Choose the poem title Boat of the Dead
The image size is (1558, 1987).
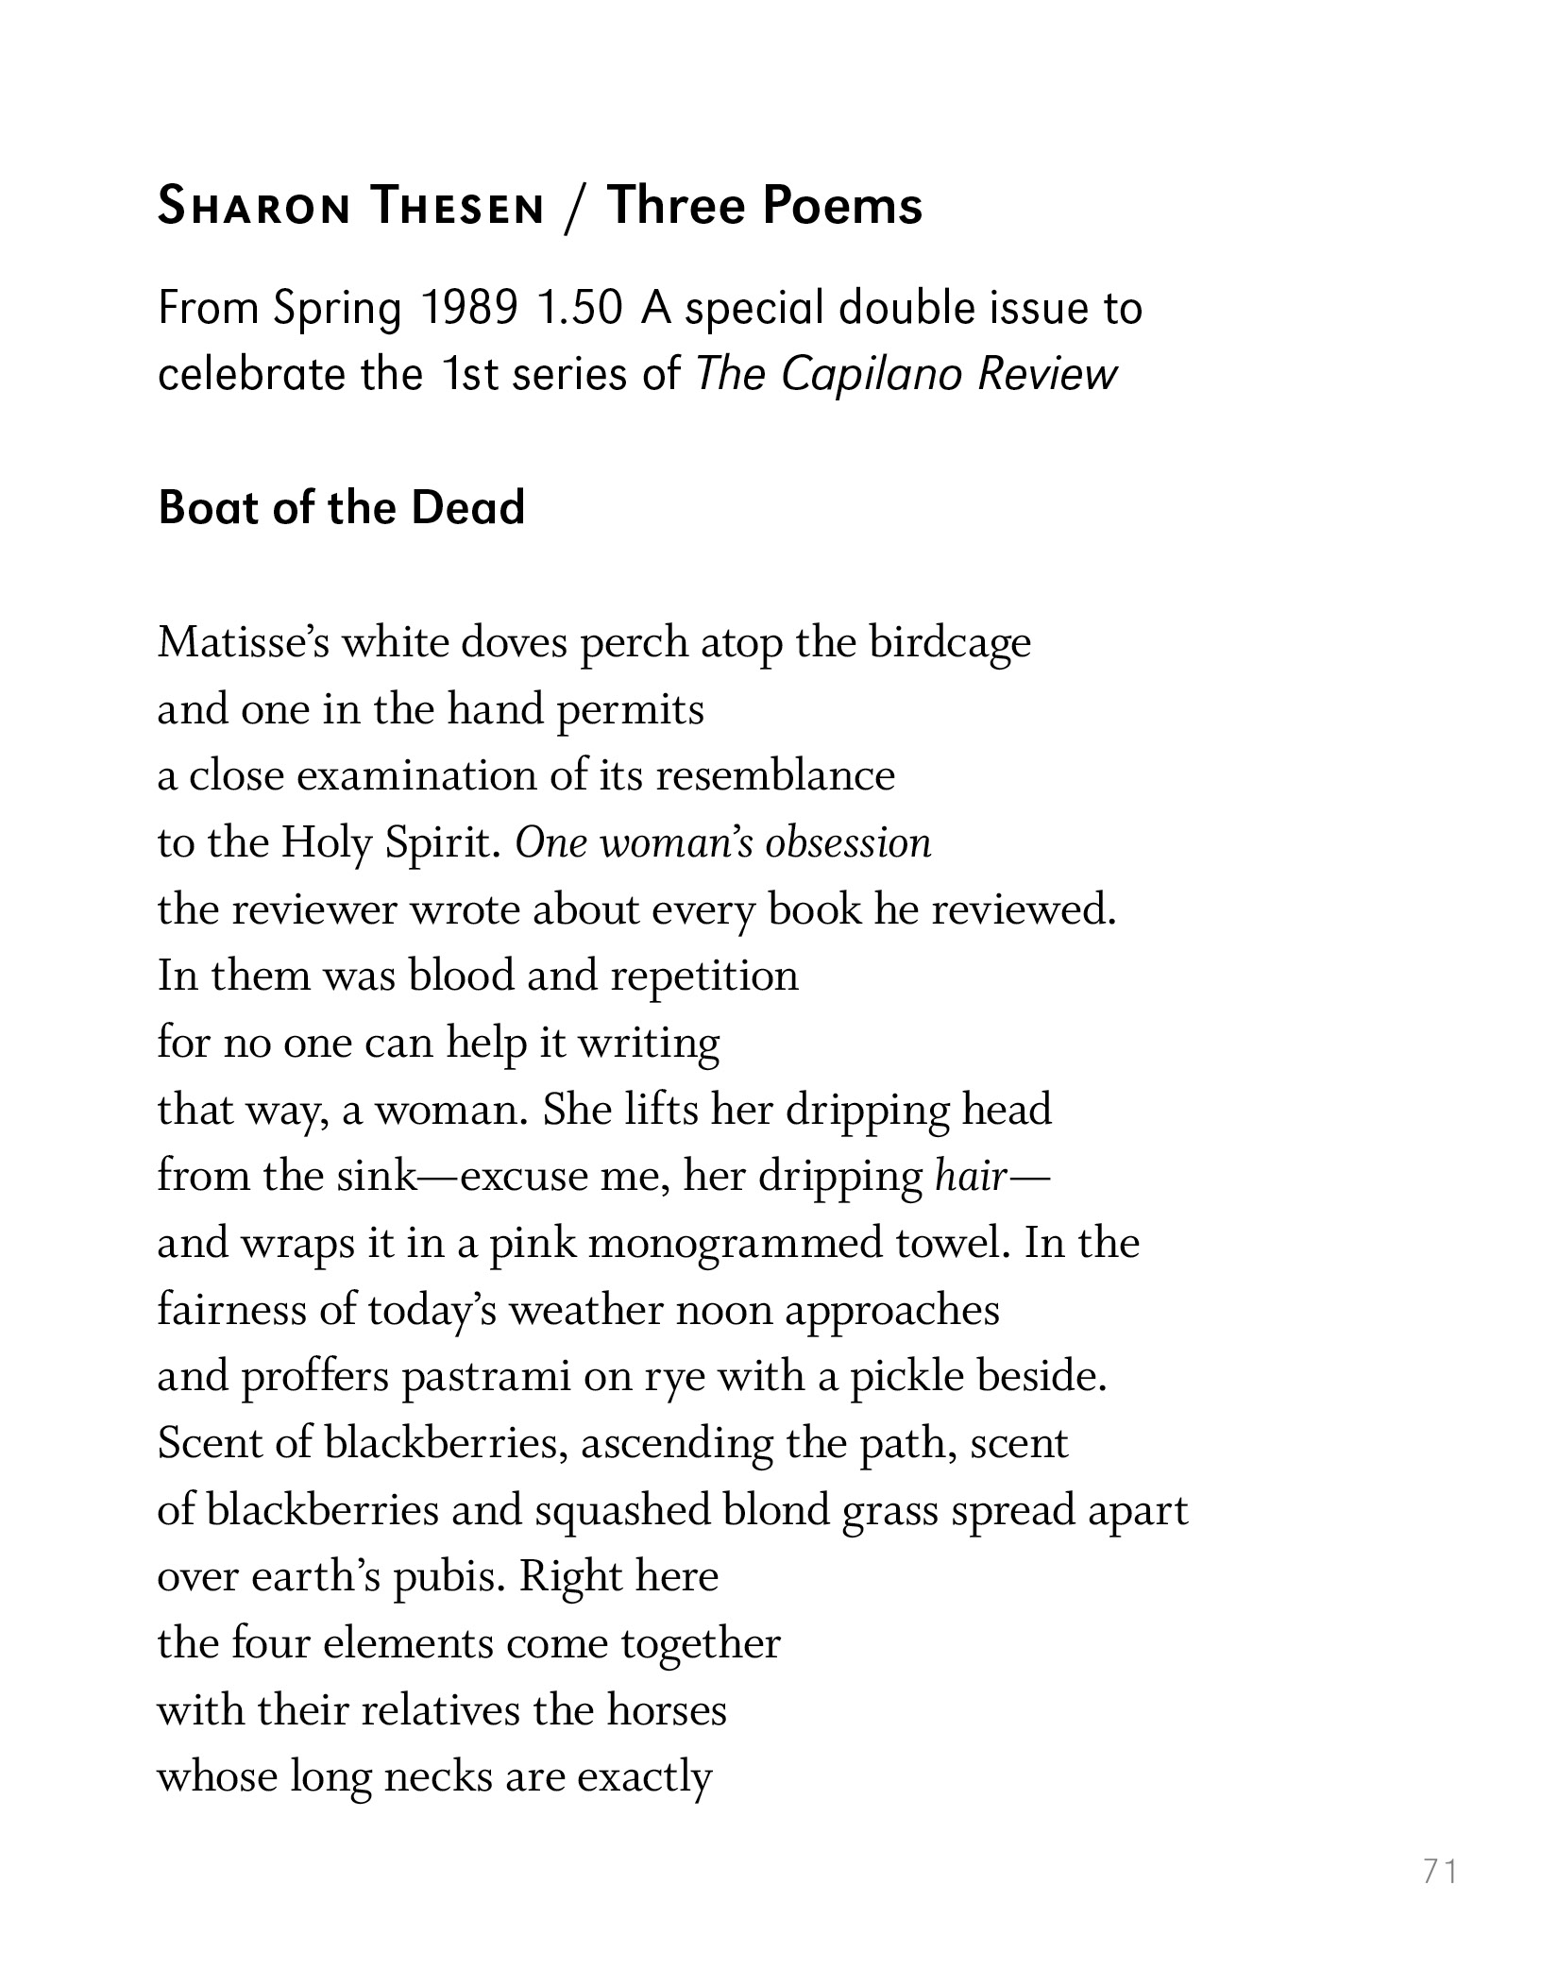(x=341, y=508)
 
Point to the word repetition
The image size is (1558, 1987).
(x=703, y=976)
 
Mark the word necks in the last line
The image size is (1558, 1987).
(x=438, y=1777)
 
